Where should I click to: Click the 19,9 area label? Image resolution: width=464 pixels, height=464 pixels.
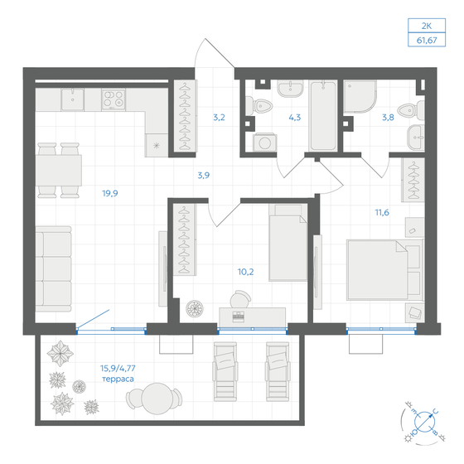tap(110, 194)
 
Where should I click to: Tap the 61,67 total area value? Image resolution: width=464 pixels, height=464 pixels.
tap(427, 41)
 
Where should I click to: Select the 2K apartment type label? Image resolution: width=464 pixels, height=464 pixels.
tap(427, 26)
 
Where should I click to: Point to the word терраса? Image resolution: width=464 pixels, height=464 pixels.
tap(118, 379)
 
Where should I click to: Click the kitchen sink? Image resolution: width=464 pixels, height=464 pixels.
tap(73, 99)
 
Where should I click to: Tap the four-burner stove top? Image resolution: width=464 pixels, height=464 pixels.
tap(114, 99)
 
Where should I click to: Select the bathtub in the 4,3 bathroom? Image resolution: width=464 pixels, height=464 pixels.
tap(323, 116)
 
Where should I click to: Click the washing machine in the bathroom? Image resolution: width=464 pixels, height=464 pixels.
tap(265, 143)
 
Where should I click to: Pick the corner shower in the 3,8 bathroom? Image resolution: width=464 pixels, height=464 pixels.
tap(360, 96)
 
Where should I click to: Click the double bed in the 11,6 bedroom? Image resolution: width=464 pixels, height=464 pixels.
tap(385, 270)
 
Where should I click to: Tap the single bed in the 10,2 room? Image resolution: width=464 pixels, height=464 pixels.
tap(288, 243)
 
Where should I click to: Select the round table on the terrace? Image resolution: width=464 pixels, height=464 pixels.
tap(157, 399)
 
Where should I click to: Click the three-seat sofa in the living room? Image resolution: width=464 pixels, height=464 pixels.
tap(54, 268)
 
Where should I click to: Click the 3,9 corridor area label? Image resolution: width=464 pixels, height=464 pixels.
tap(204, 176)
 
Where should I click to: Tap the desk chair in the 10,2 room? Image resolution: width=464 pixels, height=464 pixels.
tap(240, 299)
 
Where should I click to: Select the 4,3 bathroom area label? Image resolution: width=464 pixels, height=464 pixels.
tap(295, 118)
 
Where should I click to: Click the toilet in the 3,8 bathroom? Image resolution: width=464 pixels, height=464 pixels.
tap(411, 110)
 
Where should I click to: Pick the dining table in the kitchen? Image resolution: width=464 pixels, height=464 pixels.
tap(59, 170)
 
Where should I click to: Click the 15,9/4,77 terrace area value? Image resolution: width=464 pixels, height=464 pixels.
tap(118, 369)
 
